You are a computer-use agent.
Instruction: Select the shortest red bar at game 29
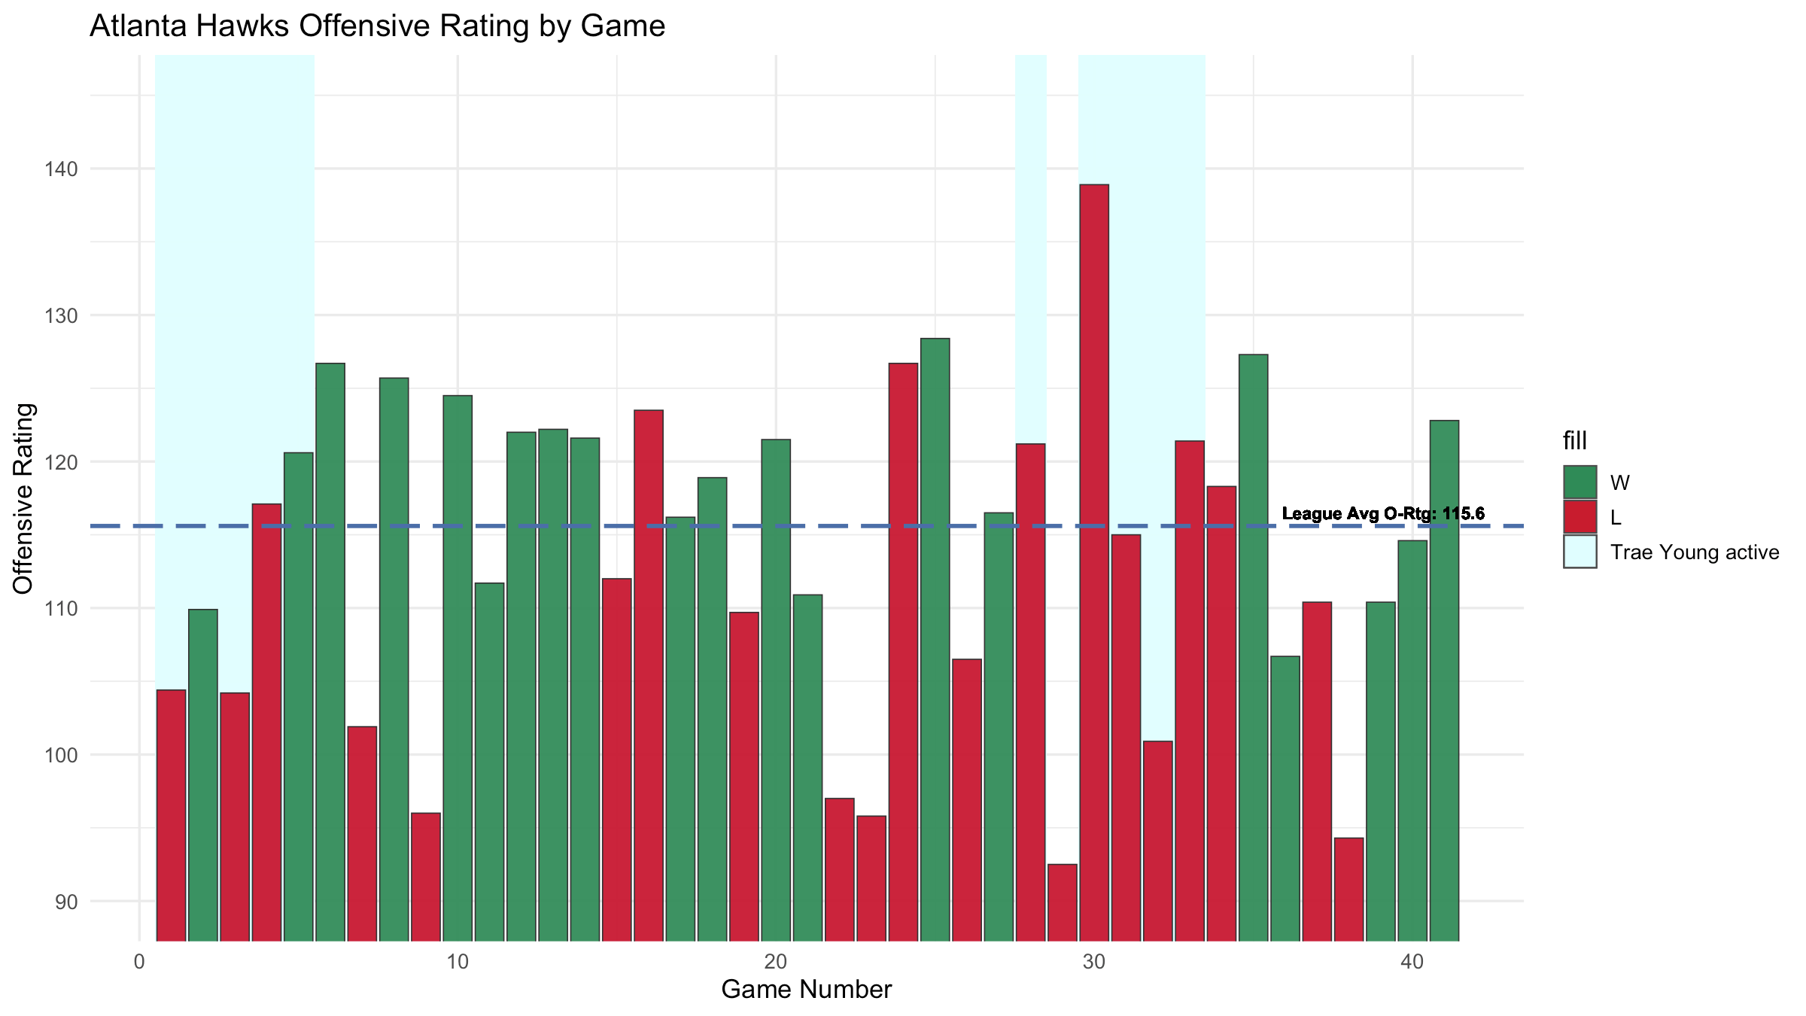coord(1063,902)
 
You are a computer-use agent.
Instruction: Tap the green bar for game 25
coord(935,640)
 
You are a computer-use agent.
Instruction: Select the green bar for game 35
coord(1254,647)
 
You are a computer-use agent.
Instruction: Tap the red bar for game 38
coord(1349,889)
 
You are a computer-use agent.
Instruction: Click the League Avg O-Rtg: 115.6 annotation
coord(1383,514)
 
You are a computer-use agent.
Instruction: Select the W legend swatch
coord(1579,482)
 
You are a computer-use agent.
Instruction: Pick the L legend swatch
coord(1579,517)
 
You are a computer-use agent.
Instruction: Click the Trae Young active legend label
coord(1695,552)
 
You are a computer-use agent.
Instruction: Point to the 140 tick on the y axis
coord(66,169)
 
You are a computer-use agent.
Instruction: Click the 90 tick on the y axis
coord(66,902)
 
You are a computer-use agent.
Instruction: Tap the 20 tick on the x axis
coord(776,962)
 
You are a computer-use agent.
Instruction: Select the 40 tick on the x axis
coord(1412,962)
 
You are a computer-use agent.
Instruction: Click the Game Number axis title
coord(806,990)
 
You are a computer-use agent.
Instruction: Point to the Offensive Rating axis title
coord(23,498)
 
